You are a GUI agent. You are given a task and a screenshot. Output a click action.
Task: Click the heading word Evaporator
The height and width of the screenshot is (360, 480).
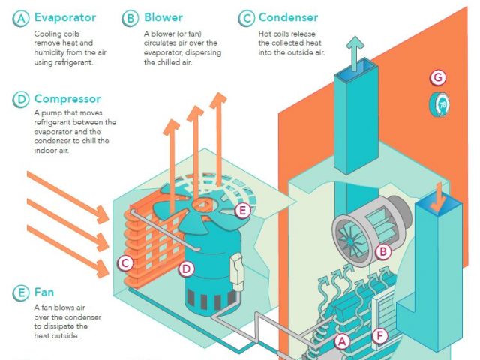point(64,17)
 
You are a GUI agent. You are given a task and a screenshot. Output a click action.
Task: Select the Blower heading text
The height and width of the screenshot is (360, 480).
point(163,17)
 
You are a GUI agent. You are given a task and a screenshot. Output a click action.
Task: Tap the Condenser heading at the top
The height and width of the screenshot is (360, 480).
point(288,17)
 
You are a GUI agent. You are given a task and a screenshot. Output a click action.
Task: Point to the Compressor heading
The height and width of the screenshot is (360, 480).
point(67,99)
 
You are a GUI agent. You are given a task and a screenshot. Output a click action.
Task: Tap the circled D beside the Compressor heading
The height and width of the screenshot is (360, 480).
point(20,99)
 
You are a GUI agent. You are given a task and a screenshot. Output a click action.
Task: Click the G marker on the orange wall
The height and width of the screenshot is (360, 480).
point(439,76)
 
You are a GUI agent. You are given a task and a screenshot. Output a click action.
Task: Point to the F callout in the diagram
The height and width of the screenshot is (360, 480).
point(381,335)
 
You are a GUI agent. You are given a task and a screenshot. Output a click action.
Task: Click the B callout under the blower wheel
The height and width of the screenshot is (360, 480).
point(383,251)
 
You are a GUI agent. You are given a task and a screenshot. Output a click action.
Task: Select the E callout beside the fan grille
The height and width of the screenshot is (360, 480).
point(242,211)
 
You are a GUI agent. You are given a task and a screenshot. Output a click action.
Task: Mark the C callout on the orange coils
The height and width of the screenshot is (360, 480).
point(126,262)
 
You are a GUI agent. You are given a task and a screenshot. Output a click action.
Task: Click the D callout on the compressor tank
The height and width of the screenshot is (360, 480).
point(187,268)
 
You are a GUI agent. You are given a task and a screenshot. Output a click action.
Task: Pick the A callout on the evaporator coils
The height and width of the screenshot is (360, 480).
point(342,341)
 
